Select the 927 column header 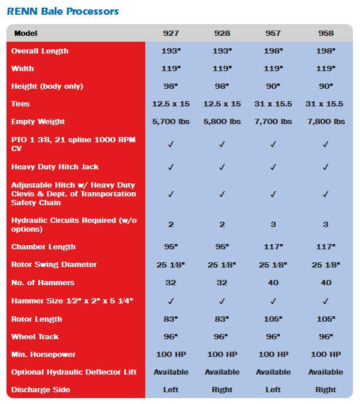tap(171, 34)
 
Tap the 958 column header tap(325, 34)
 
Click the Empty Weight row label tap(38, 122)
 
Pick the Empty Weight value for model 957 tap(273, 122)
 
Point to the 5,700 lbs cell tap(171, 122)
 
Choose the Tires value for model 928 tap(222, 104)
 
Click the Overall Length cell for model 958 tap(325, 51)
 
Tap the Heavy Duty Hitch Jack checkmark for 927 tap(171, 167)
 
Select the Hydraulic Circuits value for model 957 tap(273, 225)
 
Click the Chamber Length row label tap(43, 247)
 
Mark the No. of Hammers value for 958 tap(325, 283)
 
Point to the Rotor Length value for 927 tap(171, 319)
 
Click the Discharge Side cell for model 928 tap(222, 390)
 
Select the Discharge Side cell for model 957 tap(273, 390)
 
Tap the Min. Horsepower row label tap(44, 355)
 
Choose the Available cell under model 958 tap(325, 372)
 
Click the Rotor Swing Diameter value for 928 tap(222, 265)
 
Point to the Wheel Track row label tap(35, 337)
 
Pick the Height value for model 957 tap(273, 86)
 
